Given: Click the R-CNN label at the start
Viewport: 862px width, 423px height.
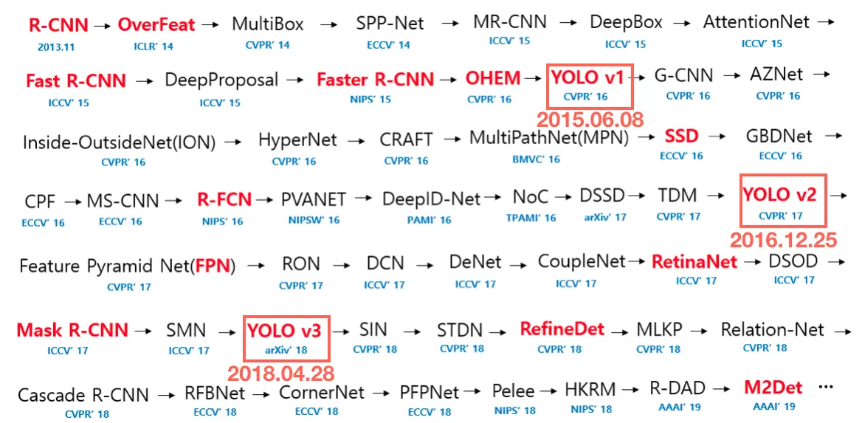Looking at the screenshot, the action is [x=58, y=24].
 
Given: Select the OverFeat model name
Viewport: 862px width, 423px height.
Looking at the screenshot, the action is [x=156, y=24].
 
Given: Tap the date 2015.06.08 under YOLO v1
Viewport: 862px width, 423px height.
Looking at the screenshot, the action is [x=590, y=119].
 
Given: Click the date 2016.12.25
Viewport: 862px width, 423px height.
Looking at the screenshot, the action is [x=783, y=240].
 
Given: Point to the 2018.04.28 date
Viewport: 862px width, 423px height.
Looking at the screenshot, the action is [x=280, y=373].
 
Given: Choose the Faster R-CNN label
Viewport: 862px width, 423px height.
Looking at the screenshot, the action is [x=375, y=79].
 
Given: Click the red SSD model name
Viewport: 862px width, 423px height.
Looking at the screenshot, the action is [x=681, y=137].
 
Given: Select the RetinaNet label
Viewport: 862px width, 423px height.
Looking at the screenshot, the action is [x=694, y=261].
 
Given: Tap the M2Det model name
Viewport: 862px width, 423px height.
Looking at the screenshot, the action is [x=773, y=388].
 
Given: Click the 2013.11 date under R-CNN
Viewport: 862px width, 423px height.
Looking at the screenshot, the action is [x=56, y=46].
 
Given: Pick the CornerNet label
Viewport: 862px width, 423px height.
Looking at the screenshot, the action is [x=322, y=393].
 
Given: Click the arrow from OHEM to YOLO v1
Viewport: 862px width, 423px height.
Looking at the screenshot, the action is [x=534, y=78].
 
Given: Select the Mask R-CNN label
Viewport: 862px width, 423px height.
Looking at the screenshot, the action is [x=72, y=330].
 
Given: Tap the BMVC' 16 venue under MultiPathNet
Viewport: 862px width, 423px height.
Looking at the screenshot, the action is [x=536, y=159].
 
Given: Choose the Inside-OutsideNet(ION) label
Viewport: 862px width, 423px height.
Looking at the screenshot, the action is [x=117, y=141].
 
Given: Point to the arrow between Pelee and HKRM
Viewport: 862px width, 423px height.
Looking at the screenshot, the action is [x=548, y=391].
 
